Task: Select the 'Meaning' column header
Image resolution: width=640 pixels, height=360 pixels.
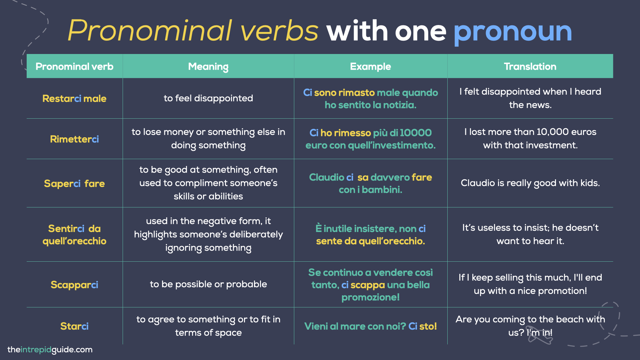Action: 208,67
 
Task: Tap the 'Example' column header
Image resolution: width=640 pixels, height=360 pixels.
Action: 370,67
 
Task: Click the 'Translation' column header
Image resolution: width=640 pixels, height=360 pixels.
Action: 530,67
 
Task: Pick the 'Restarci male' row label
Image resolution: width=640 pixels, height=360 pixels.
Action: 74,99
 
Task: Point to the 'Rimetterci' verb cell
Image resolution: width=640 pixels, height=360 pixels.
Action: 74,139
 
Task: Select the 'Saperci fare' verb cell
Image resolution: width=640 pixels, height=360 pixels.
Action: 74,184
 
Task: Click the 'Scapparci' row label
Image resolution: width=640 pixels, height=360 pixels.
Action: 74,285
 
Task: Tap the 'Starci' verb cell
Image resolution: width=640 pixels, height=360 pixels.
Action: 74,326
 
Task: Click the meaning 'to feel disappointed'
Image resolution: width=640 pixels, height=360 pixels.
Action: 208,98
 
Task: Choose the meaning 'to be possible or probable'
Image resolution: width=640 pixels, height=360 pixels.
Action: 208,284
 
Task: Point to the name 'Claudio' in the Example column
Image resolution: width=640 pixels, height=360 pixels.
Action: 326,177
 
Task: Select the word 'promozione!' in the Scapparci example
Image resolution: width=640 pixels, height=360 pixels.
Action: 370,297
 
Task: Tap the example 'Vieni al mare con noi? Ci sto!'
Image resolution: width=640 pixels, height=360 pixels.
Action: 370,326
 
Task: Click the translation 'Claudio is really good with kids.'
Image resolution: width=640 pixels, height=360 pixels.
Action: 530,183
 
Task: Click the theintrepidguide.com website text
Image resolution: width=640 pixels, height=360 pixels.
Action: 50,350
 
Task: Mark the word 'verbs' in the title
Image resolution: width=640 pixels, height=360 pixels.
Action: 279,31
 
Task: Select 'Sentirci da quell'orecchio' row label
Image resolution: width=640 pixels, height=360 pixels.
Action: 74,235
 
